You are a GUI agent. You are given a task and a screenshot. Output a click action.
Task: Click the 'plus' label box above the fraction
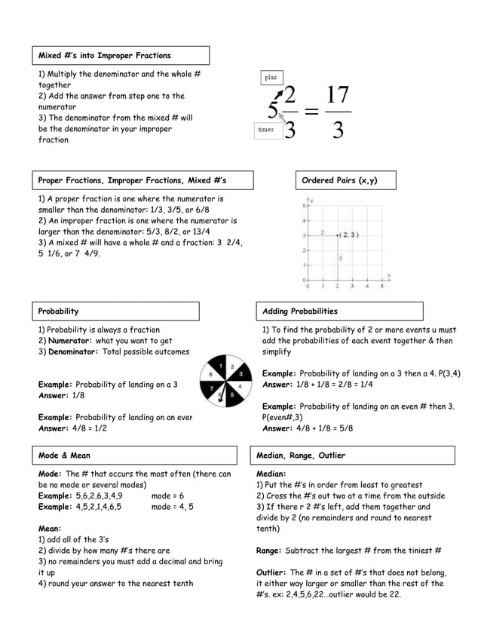coord(271,77)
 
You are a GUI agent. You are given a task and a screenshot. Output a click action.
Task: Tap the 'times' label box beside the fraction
coord(266,130)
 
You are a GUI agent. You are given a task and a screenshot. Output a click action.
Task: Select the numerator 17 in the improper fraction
coord(337,98)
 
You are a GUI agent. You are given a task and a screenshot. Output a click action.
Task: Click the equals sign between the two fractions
coord(311,114)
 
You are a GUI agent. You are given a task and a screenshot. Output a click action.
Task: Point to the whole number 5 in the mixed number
coord(273,114)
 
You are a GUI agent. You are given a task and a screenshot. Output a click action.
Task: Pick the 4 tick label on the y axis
coord(304,220)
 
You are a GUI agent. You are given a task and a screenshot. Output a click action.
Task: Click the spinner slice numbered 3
coord(239,373)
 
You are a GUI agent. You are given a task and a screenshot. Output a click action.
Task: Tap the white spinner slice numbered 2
coord(231,366)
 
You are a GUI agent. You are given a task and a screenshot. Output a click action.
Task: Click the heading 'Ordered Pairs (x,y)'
coord(339,180)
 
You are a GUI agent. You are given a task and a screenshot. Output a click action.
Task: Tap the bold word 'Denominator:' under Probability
coord(73,351)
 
